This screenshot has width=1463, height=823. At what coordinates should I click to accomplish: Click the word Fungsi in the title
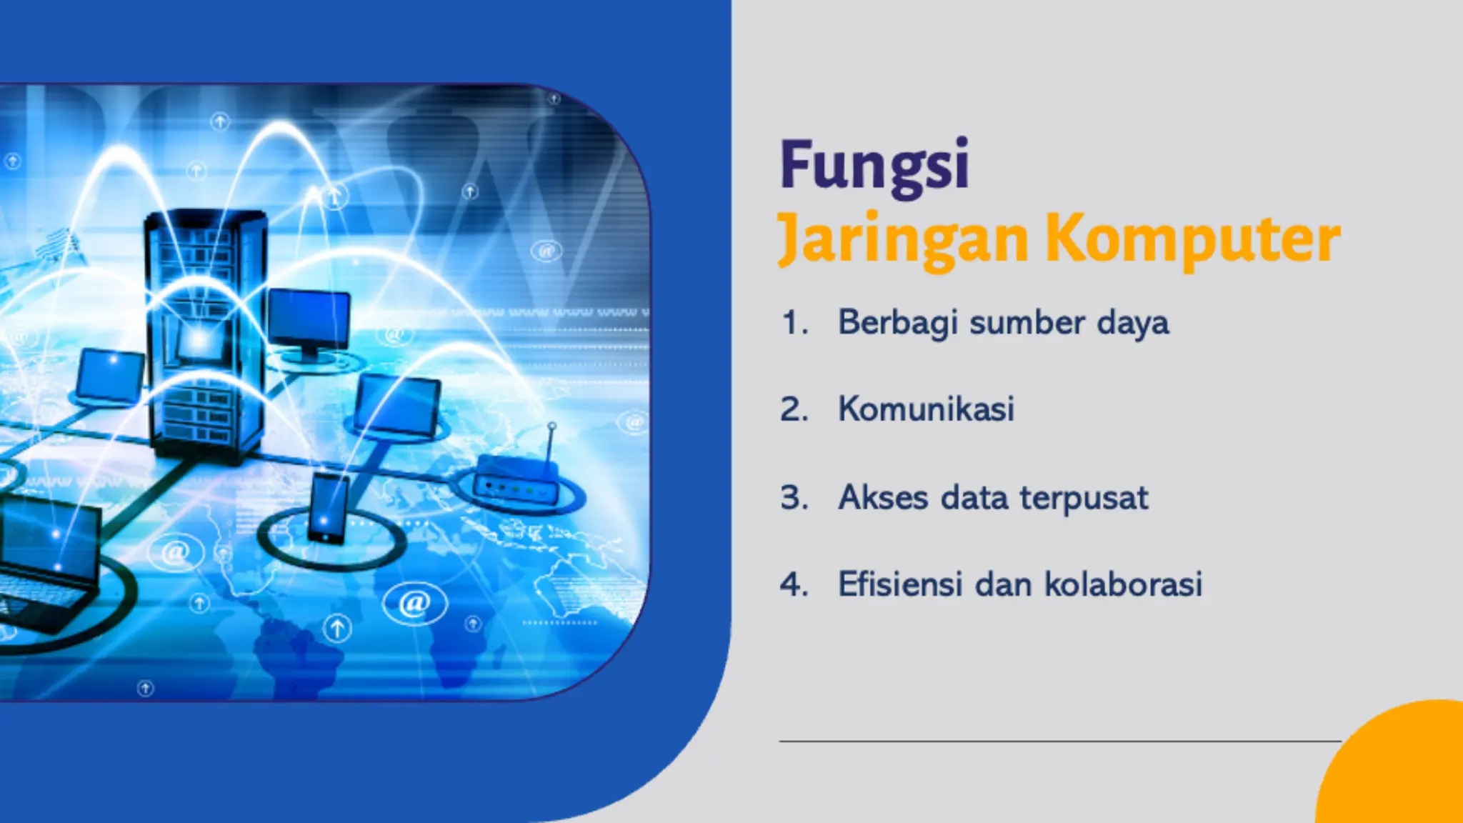[x=874, y=166]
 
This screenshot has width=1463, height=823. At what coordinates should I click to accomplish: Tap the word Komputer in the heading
[x=1193, y=240]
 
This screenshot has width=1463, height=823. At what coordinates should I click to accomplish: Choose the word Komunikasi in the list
[x=926, y=409]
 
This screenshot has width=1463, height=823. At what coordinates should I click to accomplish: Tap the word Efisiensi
[x=900, y=584]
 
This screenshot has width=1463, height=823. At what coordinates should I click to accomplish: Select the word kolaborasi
[x=1124, y=584]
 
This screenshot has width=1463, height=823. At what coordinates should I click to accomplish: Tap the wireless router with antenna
[x=516, y=480]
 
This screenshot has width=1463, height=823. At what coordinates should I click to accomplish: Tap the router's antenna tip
[x=551, y=427]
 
